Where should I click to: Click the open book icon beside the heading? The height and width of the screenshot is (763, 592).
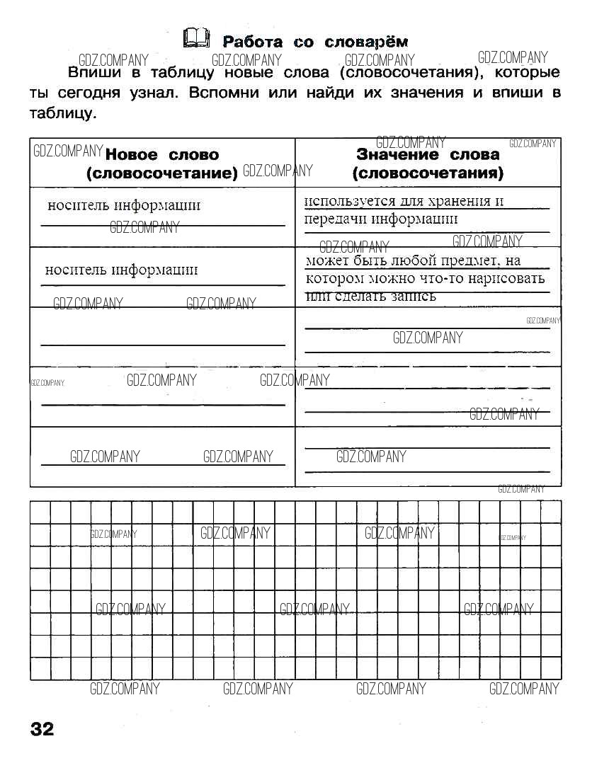click(196, 38)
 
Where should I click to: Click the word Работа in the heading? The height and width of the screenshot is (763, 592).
click(252, 42)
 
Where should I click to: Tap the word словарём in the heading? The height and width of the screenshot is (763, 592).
click(366, 42)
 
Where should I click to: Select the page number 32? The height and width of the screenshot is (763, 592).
click(42, 729)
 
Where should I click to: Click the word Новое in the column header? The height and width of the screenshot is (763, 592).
click(137, 155)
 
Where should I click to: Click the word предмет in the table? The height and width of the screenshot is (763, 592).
click(471, 260)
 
